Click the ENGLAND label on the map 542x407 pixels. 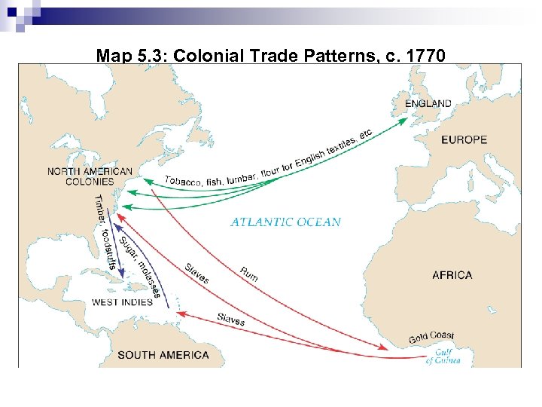pyautogui.click(x=428, y=104)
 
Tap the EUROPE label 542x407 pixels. pyautogui.click(x=464, y=139)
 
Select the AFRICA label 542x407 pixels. pyautogui.click(x=452, y=275)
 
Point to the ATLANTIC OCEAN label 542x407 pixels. pyautogui.click(x=285, y=222)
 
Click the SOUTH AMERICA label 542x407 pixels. pyautogui.click(x=163, y=355)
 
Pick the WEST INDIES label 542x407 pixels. pyautogui.click(x=122, y=302)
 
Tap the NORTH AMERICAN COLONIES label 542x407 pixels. pyautogui.click(x=90, y=176)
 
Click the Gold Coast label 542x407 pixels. pyautogui.click(x=431, y=337)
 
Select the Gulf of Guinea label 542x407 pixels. pyautogui.click(x=443, y=356)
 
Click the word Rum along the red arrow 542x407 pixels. pyautogui.click(x=249, y=274)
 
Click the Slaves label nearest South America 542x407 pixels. pyautogui.click(x=230, y=319)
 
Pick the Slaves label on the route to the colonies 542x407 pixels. pyautogui.click(x=196, y=273)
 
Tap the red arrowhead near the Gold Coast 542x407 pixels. pyautogui.click(x=385, y=348)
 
